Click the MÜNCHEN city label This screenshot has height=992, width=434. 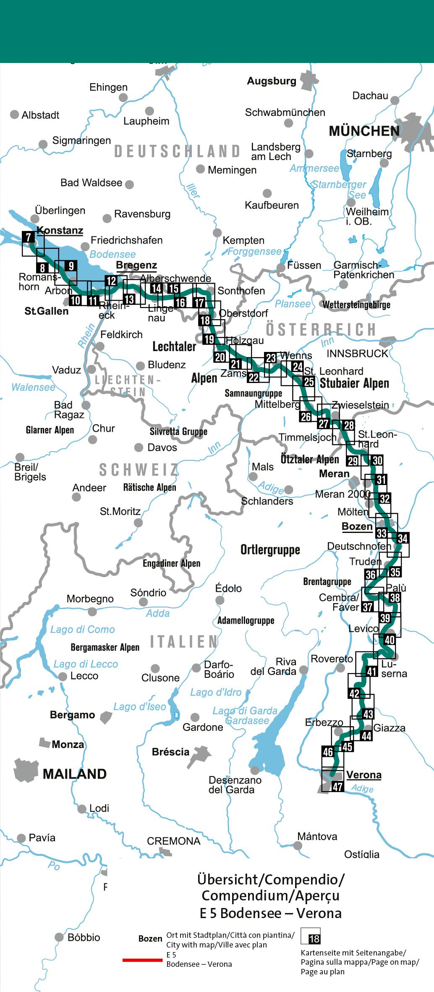click(x=364, y=131)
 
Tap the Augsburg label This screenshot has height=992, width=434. click(x=272, y=81)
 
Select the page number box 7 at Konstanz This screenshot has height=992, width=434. click(x=28, y=237)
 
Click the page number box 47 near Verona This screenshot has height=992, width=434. click(x=337, y=787)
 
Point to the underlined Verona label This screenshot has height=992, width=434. click(x=363, y=775)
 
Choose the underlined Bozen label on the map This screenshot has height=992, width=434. click(x=357, y=527)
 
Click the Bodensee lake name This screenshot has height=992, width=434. click(x=112, y=255)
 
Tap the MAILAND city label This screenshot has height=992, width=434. click(x=75, y=774)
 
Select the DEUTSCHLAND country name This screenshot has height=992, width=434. click(x=178, y=151)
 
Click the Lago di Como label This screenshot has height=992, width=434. click(x=82, y=629)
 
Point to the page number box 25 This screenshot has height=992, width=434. click(x=309, y=382)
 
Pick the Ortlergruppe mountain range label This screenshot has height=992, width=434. click(x=270, y=549)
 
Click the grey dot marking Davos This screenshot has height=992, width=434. click(x=139, y=448)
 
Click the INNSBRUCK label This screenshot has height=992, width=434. click(x=357, y=354)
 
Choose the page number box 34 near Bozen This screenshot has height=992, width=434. click(x=402, y=538)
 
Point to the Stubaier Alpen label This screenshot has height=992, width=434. click(x=354, y=383)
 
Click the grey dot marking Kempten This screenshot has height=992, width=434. click(x=217, y=233)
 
